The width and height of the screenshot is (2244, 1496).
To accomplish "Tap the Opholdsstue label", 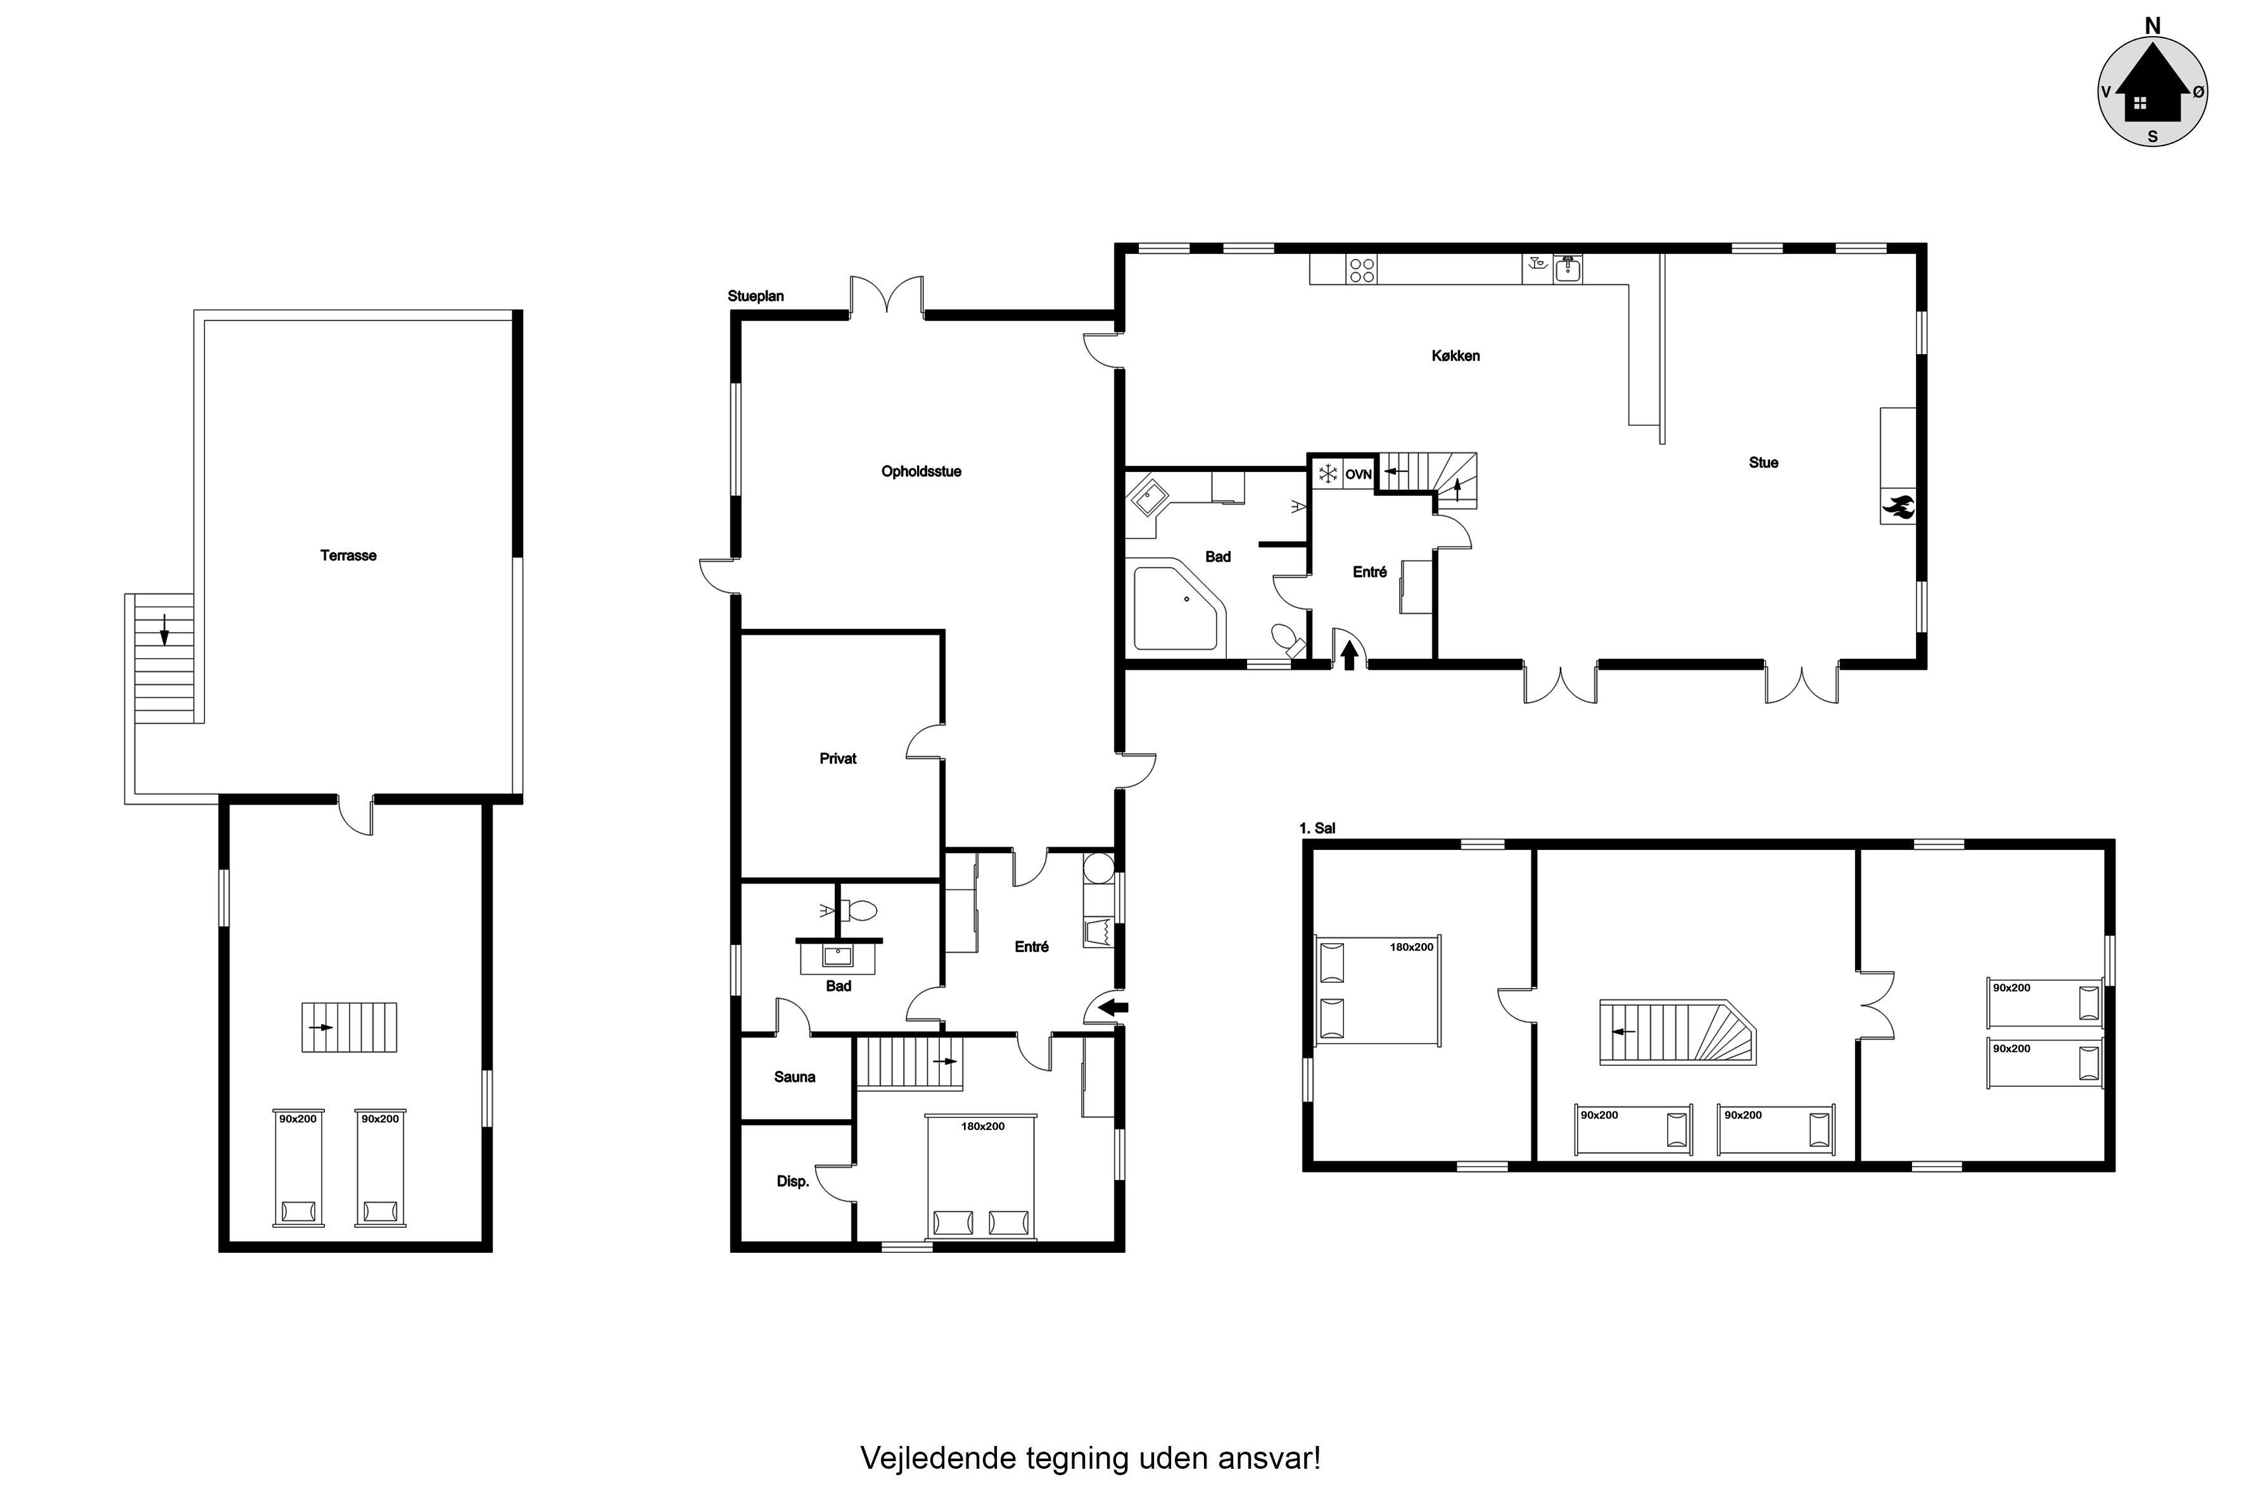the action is (x=921, y=471).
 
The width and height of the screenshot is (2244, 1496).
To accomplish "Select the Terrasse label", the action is (x=348, y=555).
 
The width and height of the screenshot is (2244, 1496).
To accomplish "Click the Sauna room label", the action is (x=795, y=1077).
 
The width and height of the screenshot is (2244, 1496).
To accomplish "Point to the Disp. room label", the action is (x=793, y=1181).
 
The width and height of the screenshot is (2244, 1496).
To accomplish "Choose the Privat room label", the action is (x=838, y=759).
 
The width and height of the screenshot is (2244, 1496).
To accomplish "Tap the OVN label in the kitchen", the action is (x=1359, y=474).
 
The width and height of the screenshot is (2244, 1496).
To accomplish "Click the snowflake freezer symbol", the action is (x=1327, y=473).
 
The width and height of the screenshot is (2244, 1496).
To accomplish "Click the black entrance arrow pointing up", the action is (x=1350, y=656).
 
